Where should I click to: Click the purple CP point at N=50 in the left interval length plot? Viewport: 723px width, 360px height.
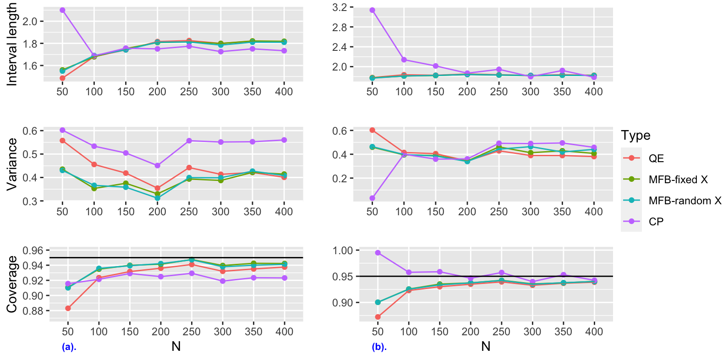pyautogui.click(x=62, y=10)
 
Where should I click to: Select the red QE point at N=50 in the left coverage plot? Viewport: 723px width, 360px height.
pyautogui.click(x=68, y=308)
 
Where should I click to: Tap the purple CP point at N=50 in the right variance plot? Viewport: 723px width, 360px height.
pyautogui.click(x=372, y=198)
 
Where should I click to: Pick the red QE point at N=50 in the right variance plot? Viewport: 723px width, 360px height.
pyautogui.click(x=372, y=130)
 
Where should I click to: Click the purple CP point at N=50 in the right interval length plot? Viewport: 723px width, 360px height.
pyautogui.click(x=372, y=10)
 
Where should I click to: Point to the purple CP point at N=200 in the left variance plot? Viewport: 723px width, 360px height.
pyautogui.click(x=158, y=165)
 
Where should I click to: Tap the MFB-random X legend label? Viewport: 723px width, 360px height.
pyautogui.click(x=685, y=201)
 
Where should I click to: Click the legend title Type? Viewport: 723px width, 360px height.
pyautogui.click(x=635, y=136)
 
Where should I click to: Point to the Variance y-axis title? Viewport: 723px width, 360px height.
pyautogui.click(x=11, y=164)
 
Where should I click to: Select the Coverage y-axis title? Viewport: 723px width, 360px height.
pyautogui.click(x=11, y=284)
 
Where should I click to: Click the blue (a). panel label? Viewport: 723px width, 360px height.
pyautogui.click(x=69, y=347)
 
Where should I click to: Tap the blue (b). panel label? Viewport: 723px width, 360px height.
pyautogui.click(x=379, y=347)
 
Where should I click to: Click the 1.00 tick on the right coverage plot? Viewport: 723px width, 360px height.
pyautogui.click(x=342, y=251)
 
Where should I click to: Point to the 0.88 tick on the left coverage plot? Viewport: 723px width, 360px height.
pyautogui.click(x=33, y=311)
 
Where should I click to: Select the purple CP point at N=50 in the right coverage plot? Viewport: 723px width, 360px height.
pyautogui.click(x=378, y=252)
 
